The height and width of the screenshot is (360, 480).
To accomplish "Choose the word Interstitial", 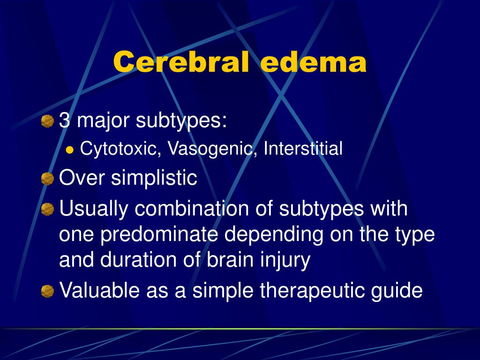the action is click(x=303, y=148).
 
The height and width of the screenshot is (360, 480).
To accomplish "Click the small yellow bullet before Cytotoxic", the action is click(x=70, y=150).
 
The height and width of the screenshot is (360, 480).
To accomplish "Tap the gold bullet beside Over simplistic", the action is click(x=47, y=179).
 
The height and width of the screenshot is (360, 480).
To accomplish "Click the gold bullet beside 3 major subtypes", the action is click(x=47, y=121).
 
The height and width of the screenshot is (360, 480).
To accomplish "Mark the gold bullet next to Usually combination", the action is click(x=47, y=209).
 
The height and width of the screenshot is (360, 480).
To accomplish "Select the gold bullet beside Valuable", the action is click(x=47, y=291).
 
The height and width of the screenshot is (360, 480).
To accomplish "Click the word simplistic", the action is click(x=154, y=178).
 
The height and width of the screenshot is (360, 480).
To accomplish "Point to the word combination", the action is click(x=192, y=209).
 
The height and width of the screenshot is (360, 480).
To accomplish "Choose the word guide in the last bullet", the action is click(x=397, y=291).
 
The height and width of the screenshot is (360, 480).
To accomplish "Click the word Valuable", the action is click(x=99, y=290).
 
